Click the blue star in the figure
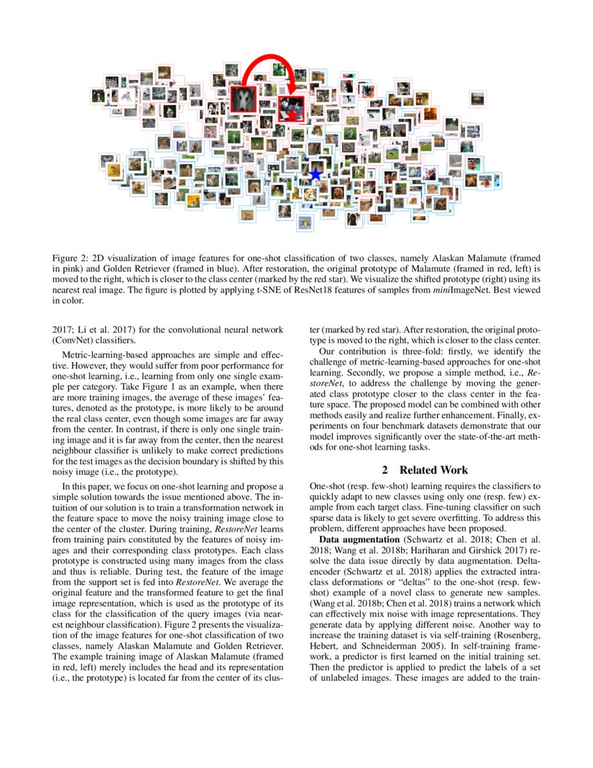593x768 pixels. coord(315,174)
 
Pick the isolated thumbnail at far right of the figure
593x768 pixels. coord(478,98)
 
